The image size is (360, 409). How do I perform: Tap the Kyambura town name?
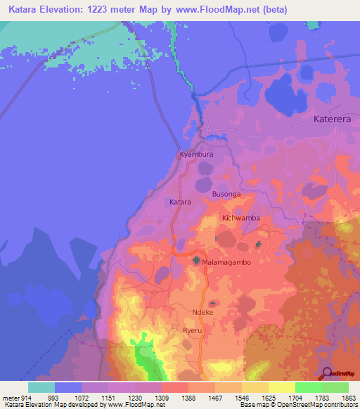pos(196,154)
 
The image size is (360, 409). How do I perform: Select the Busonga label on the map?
pos(226,193)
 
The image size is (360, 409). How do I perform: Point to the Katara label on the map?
pos(181,202)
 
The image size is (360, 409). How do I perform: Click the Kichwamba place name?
pos(241,219)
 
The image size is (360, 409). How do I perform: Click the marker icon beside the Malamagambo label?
pos(196,261)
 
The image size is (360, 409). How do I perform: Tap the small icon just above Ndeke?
pos(212,303)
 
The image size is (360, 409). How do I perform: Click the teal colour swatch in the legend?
pos(41,387)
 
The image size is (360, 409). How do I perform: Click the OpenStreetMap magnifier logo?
pos(326,373)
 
